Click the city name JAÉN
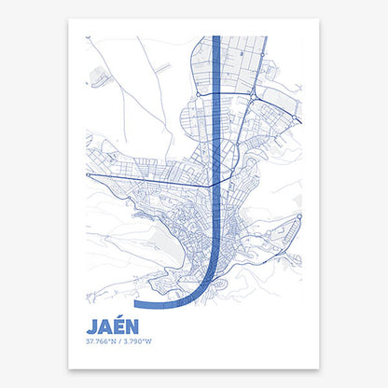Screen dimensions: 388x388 click(x=112, y=327)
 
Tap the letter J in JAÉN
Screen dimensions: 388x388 click(x=91, y=327)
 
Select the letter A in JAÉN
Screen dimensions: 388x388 click(x=104, y=327)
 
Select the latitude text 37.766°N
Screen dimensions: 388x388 click(x=98, y=342)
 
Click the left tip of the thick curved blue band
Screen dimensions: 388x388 click(x=137, y=304)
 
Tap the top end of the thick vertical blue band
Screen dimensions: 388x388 click(x=216, y=39)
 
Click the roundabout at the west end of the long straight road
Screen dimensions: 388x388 click(x=88, y=174)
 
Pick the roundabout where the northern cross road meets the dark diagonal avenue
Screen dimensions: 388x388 click(x=254, y=95)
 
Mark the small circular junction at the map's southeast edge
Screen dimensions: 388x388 click(x=299, y=216)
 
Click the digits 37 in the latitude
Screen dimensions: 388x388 click(x=88, y=342)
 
